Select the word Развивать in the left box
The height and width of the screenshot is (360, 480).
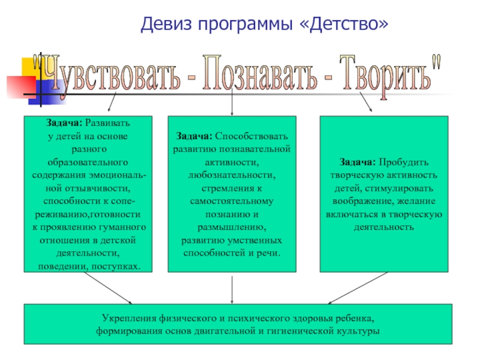click(107, 124)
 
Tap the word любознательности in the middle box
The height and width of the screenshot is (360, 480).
click(232, 175)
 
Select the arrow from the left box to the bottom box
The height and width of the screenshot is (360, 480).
click(108, 288)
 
